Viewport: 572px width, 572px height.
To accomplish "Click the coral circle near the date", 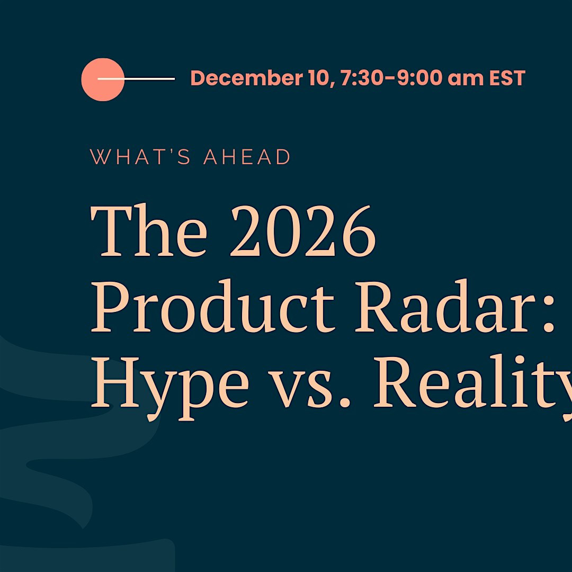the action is pyautogui.click(x=103, y=79).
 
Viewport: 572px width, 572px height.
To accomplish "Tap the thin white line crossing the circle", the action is pyautogui.click(x=136, y=78).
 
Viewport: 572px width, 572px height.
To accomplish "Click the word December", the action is pyautogui.click(x=247, y=78).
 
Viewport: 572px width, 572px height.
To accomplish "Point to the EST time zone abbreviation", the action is pyautogui.click(x=507, y=78).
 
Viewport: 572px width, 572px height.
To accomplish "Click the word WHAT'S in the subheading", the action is pyautogui.click(x=140, y=156).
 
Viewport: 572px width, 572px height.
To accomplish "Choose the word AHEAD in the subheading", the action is pyautogui.click(x=247, y=157).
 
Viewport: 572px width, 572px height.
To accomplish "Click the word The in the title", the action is pyautogui.click(x=149, y=230).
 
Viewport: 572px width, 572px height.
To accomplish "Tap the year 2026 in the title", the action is pyautogui.click(x=303, y=231).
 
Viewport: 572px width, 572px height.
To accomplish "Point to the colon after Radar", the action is pyautogui.click(x=548, y=314).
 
